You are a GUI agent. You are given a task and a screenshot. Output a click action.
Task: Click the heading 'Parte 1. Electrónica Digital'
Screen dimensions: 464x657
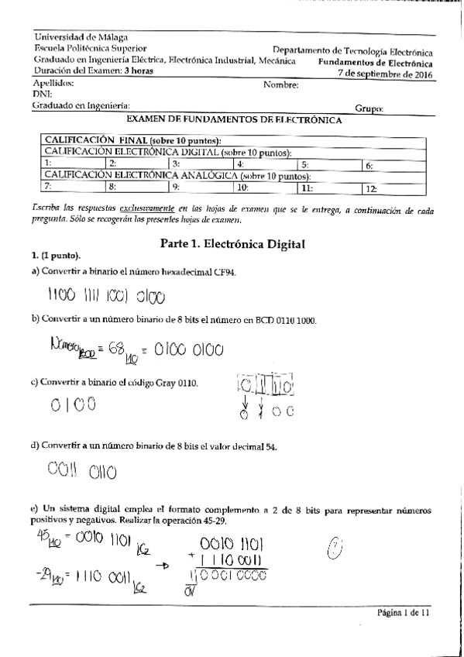click(x=232, y=243)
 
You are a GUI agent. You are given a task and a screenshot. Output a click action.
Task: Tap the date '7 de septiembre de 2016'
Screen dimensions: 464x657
click(x=386, y=74)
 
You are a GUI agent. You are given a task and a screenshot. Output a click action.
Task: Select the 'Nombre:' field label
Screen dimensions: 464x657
click(x=281, y=84)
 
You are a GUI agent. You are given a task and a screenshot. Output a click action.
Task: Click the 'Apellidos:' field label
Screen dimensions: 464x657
click(x=53, y=82)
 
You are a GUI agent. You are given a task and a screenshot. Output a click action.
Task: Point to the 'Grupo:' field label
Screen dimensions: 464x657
click(x=369, y=110)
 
